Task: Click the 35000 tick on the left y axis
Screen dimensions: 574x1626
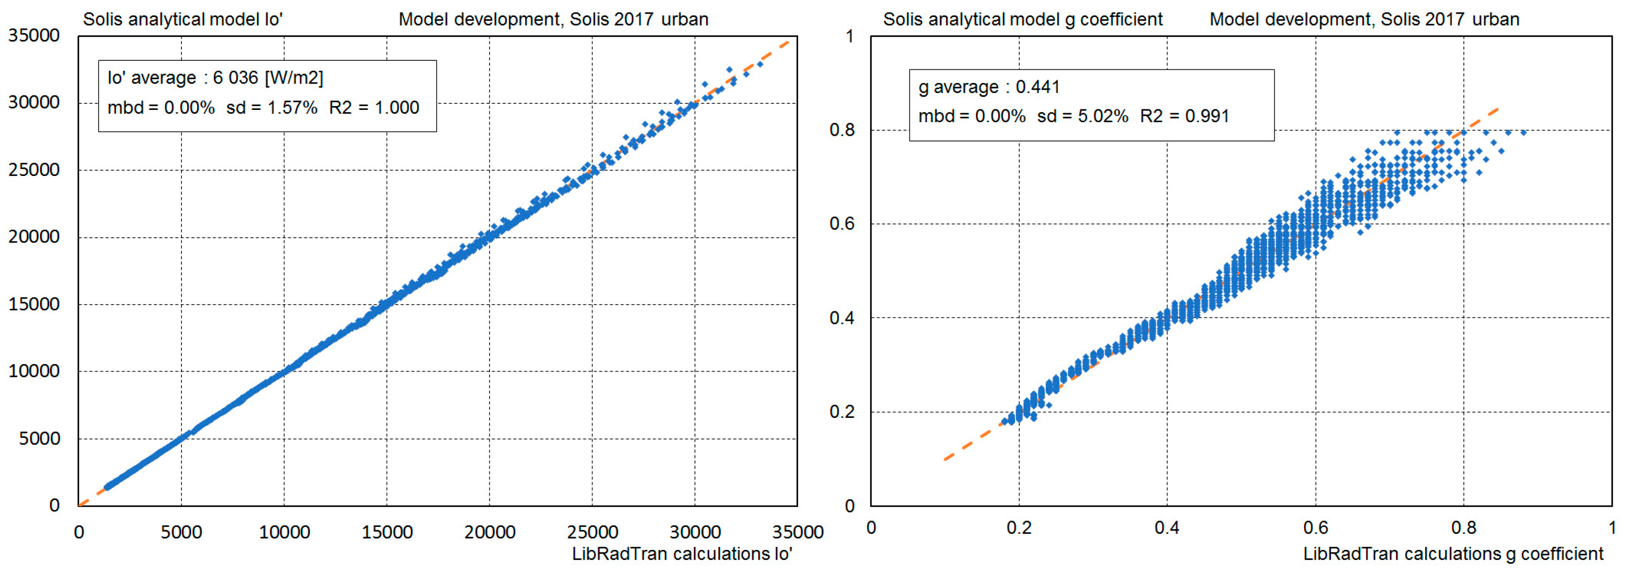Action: (33, 35)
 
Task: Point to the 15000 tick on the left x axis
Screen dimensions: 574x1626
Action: (386, 532)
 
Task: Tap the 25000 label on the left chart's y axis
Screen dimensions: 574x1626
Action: (33, 170)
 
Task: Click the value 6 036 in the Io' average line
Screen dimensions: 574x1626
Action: (235, 78)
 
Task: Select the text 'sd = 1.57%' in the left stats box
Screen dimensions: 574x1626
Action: (272, 108)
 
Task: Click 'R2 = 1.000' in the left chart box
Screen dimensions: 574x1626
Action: (374, 108)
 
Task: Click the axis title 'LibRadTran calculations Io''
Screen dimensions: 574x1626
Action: (682, 554)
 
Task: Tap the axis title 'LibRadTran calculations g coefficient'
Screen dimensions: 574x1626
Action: (1453, 554)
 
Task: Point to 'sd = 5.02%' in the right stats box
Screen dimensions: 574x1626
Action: (1082, 116)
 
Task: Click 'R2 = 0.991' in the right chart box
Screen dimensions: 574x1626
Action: (1184, 116)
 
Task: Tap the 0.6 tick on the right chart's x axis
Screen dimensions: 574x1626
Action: (1315, 527)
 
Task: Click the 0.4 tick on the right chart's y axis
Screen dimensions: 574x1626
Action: (842, 317)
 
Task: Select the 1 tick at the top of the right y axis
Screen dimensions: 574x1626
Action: (850, 36)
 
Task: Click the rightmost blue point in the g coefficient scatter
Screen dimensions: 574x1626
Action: (1523, 133)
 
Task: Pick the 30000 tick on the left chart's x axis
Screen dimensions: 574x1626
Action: (694, 532)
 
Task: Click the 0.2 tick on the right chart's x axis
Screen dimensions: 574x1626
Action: (1019, 527)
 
